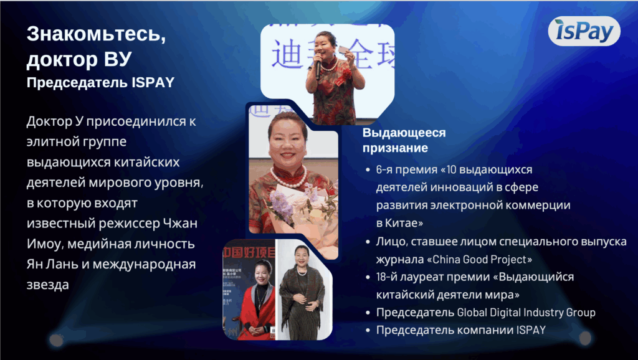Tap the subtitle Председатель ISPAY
click(100, 83)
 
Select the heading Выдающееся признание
click(404, 141)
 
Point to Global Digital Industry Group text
click(526, 313)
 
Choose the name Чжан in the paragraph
click(180, 224)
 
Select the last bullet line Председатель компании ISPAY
click(460, 330)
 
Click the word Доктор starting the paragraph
click(49, 121)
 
